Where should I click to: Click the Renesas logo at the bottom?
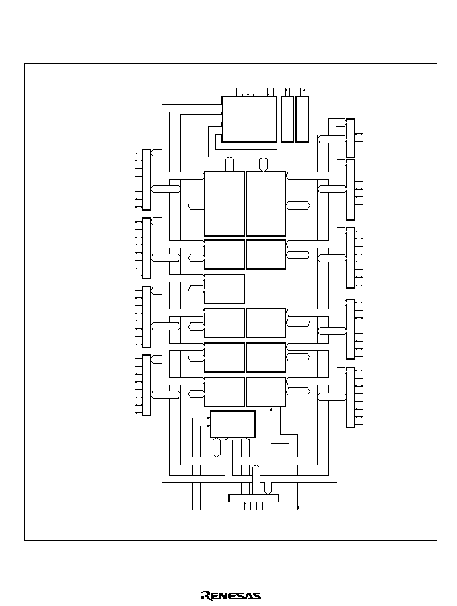(x=231, y=595)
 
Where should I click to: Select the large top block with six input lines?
(x=249, y=119)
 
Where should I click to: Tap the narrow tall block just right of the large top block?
(x=287, y=119)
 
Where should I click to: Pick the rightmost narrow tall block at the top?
(x=302, y=119)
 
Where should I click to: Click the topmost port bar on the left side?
(x=147, y=180)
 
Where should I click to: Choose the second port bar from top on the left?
(x=147, y=248)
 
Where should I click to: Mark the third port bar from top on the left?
(x=147, y=317)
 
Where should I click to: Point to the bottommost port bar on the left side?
(x=147, y=385)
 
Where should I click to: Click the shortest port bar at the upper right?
(x=351, y=138)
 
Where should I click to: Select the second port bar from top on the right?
(x=351, y=190)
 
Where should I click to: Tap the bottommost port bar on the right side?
(x=351, y=397)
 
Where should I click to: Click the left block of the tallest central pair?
(x=224, y=204)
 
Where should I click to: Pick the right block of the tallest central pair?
(x=266, y=204)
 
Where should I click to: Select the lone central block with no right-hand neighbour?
(x=224, y=289)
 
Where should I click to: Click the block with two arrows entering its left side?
(x=233, y=424)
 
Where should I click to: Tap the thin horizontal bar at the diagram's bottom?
(x=253, y=498)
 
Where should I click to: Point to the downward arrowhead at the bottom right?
(x=297, y=508)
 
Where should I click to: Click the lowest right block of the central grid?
(x=266, y=392)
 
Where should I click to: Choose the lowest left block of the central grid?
(x=224, y=392)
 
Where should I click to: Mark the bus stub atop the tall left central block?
(x=230, y=164)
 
